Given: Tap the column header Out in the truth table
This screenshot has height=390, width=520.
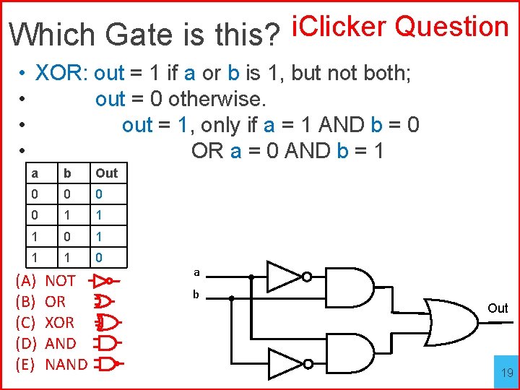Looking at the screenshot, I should point(106,173).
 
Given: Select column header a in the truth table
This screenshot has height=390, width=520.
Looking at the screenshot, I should point(34,173).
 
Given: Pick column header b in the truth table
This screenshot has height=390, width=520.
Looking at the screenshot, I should point(66,173).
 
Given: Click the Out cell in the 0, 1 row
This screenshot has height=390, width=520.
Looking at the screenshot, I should point(100,214).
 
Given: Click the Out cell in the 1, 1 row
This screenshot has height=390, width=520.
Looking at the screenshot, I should point(100,256).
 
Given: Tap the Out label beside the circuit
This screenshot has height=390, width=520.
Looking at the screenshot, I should point(498,308).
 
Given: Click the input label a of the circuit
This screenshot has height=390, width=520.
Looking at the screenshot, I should point(196,273).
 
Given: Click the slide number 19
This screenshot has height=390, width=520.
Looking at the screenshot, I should point(507,373).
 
